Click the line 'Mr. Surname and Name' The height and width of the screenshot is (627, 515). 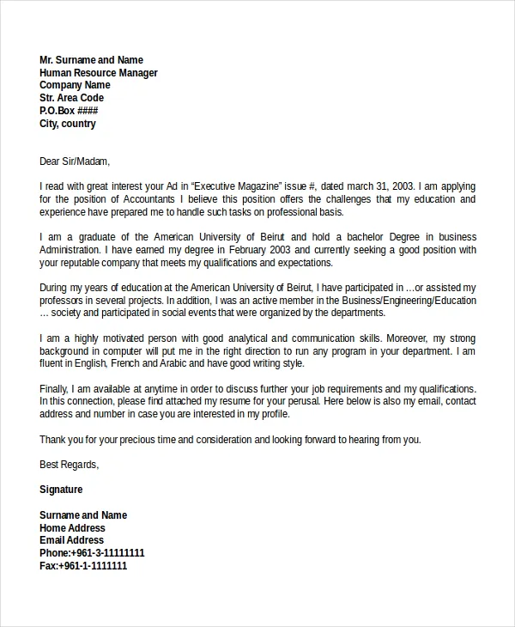(x=91, y=60)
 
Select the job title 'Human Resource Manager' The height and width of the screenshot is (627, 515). (x=99, y=73)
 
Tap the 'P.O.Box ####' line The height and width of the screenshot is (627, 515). (x=69, y=112)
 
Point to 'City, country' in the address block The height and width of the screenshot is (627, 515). (x=68, y=124)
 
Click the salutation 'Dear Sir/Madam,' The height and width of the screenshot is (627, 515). (x=75, y=161)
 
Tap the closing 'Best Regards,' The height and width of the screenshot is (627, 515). (x=69, y=465)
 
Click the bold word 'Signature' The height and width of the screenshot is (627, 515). (x=61, y=490)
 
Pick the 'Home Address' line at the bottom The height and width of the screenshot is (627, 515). (x=72, y=528)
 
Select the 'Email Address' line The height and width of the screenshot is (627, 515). (x=72, y=540)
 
